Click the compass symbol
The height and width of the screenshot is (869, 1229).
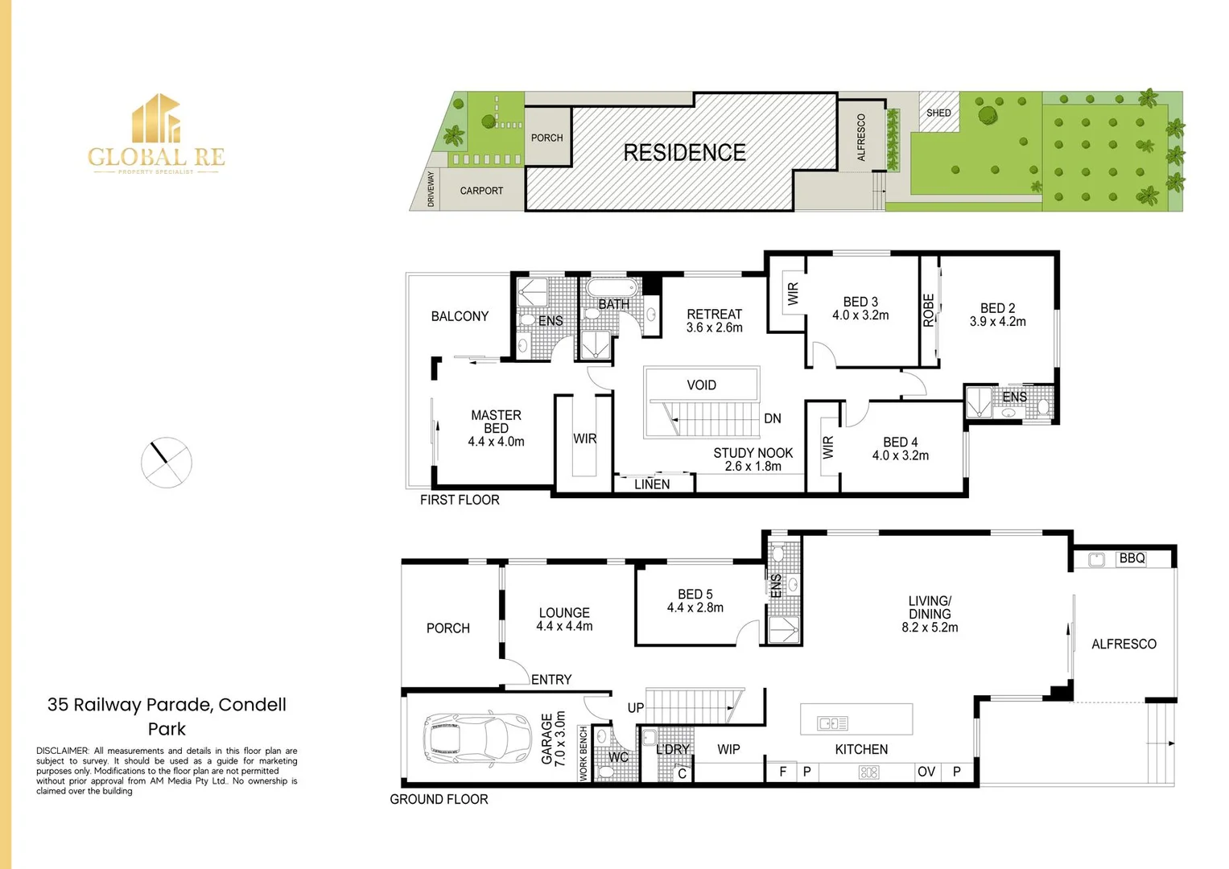[167, 463]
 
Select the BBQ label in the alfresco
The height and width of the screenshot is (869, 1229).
[1132, 558]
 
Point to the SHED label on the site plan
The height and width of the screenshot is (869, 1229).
[938, 113]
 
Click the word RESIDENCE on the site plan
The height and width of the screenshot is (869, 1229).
[684, 152]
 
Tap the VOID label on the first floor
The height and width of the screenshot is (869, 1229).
[701, 385]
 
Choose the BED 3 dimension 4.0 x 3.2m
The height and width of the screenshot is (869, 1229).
[860, 315]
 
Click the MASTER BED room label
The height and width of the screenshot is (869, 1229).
[496, 422]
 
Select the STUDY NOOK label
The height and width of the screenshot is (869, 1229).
[753, 453]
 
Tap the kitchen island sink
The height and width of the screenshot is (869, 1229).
[832, 723]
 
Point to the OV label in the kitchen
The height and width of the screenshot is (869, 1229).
[926, 772]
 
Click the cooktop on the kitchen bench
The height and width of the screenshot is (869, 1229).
[869, 772]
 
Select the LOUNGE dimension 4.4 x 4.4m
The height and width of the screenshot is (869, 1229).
[564, 626]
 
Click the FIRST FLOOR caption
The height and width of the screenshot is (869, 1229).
[460, 500]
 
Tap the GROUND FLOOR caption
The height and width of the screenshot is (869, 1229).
[439, 799]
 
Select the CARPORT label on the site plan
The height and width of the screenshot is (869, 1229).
[481, 191]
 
